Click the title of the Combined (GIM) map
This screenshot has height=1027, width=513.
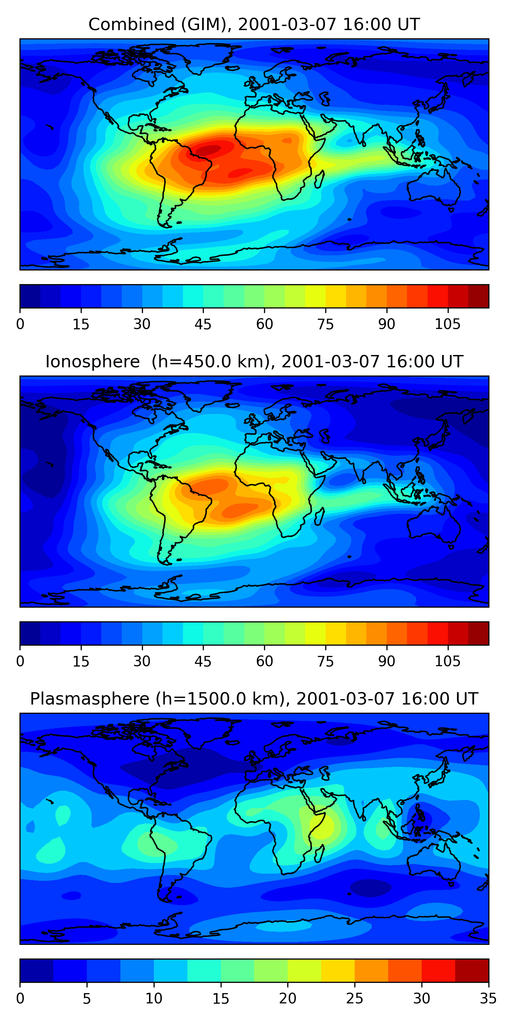[x=254, y=25]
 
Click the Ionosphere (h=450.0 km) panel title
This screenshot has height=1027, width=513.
[x=254, y=362]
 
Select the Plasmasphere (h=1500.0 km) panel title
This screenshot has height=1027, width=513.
[x=254, y=699]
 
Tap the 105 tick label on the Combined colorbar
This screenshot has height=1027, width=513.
[x=447, y=324]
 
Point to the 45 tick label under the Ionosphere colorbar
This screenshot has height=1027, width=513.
[x=203, y=661]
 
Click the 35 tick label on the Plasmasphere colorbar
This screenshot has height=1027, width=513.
[x=488, y=998]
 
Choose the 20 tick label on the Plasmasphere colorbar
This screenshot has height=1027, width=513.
[x=288, y=998]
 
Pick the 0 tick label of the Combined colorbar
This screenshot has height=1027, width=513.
[x=20, y=324]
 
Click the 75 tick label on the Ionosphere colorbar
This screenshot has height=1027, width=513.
[x=325, y=661]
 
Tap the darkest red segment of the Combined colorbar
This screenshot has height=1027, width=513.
[x=478, y=296]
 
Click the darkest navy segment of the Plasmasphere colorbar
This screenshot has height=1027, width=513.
[x=37, y=971]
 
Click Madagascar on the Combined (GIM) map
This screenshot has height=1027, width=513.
[x=319, y=179]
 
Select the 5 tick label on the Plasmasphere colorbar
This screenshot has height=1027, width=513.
[x=87, y=998]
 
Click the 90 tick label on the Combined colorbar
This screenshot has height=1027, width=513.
[x=386, y=324]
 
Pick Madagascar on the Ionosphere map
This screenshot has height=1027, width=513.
[x=319, y=517]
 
